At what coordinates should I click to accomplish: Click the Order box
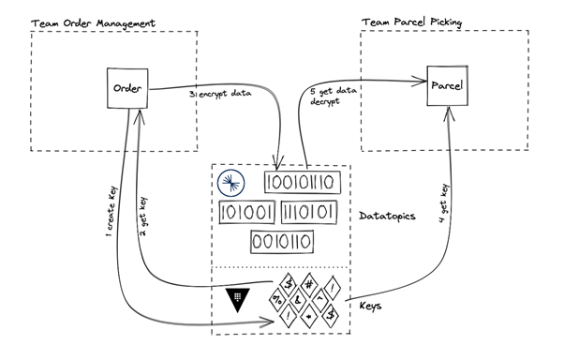click(x=126, y=88)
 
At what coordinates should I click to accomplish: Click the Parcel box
click(x=447, y=86)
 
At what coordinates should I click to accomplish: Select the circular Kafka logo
click(x=230, y=184)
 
